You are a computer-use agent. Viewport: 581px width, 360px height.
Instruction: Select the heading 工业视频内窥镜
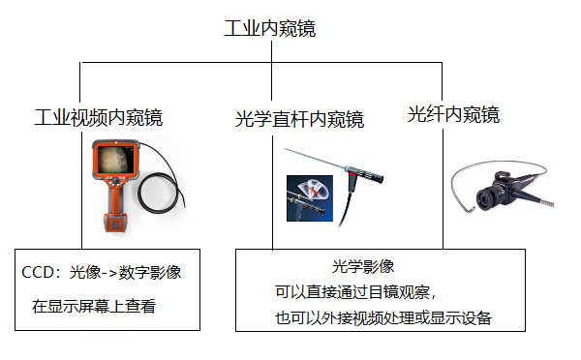(98, 118)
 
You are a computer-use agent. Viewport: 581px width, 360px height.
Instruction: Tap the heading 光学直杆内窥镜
(300, 120)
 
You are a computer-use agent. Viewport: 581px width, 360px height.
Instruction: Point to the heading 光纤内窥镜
(454, 115)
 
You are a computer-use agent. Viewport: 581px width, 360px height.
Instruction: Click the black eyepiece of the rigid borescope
(369, 180)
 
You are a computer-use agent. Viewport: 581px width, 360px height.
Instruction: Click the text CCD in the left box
(36, 274)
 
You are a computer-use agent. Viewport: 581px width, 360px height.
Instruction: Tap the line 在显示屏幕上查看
(94, 307)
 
